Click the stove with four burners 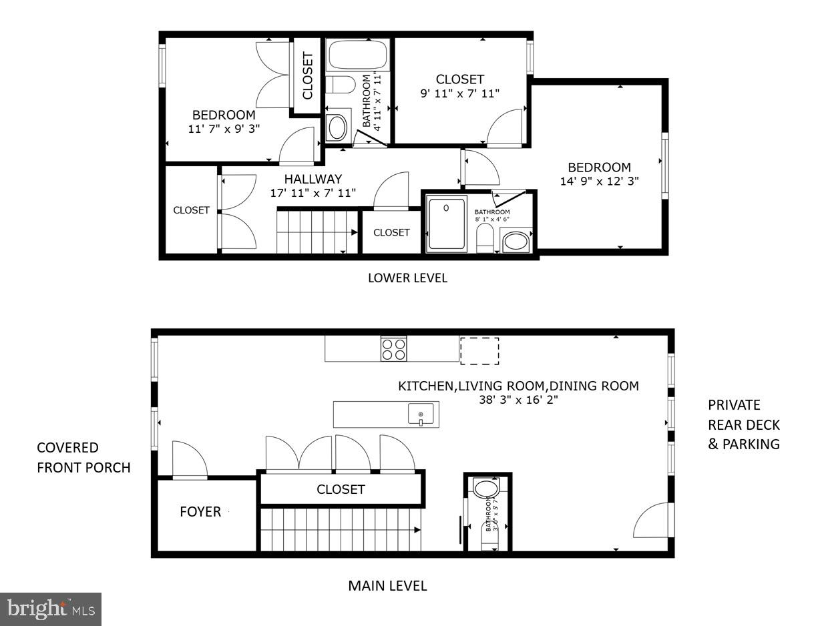pyautogui.click(x=393, y=349)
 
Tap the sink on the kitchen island pyautogui.click(x=421, y=414)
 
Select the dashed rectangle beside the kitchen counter pyautogui.click(x=479, y=351)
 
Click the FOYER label pyautogui.click(x=200, y=512)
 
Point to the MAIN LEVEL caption pyautogui.click(x=387, y=586)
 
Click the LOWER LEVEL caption pyautogui.click(x=407, y=278)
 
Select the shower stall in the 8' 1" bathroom pyautogui.click(x=447, y=224)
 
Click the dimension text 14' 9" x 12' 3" pyautogui.click(x=600, y=180)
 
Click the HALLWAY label pyautogui.click(x=313, y=179)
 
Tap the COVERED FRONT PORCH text pyautogui.click(x=83, y=457)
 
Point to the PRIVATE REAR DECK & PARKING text pyautogui.click(x=744, y=424)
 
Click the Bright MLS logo pyautogui.click(x=51, y=609)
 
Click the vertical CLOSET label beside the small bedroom pyautogui.click(x=307, y=76)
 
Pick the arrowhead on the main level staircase pyautogui.click(x=417, y=531)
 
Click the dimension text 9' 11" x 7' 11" pyautogui.click(x=460, y=93)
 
